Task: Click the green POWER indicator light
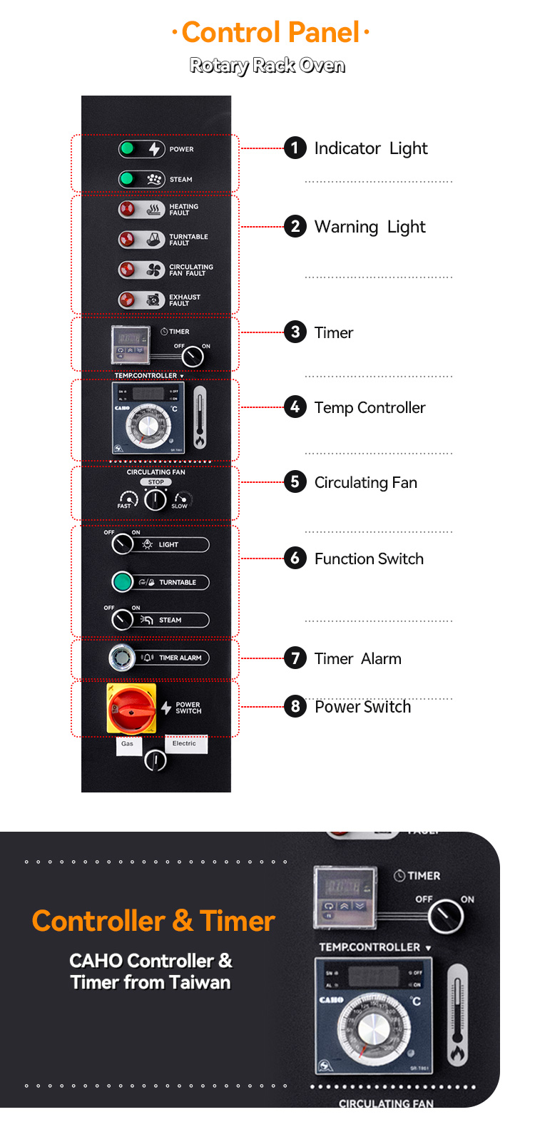click(x=128, y=148)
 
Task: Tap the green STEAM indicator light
click(x=128, y=179)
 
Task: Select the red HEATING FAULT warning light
click(x=127, y=210)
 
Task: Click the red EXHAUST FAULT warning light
click(x=127, y=300)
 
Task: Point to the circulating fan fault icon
click(x=153, y=270)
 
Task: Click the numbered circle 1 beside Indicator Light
click(x=295, y=148)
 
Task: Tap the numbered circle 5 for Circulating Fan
click(x=295, y=482)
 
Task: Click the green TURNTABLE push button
click(x=123, y=582)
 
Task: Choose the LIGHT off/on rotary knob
click(x=123, y=544)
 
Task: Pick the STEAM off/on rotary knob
click(x=123, y=619)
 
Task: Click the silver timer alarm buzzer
click(x=122, y=658)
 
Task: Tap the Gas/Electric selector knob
click(x=156, y=760)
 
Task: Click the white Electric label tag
click(x=185, y=744)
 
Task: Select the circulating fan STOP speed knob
click(x=156, y=500)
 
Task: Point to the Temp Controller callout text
click(x=370, y=407)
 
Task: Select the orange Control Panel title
click(x=271, y=32)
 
